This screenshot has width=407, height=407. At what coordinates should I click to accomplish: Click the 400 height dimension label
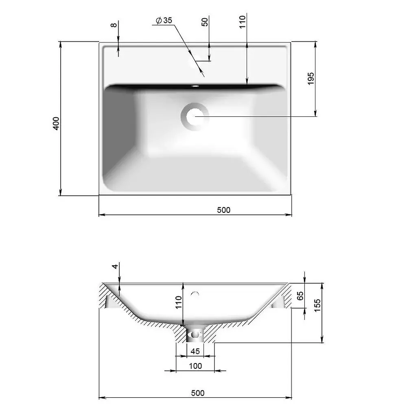(56, 123)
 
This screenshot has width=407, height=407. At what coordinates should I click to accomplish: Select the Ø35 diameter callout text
(164, 20)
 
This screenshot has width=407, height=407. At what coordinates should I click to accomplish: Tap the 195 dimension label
(311, 79)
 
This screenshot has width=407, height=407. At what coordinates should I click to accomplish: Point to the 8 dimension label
(114, 25)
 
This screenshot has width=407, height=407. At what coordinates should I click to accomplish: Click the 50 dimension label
(205, 22)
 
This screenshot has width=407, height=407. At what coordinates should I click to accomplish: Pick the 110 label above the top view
(242, 22)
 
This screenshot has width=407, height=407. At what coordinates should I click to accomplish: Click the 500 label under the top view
(223, 210)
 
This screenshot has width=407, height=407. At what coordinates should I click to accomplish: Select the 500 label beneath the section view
(197, 393)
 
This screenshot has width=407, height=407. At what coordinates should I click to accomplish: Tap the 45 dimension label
(195, 351)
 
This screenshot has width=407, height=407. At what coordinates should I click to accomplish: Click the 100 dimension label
(195, 366)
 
